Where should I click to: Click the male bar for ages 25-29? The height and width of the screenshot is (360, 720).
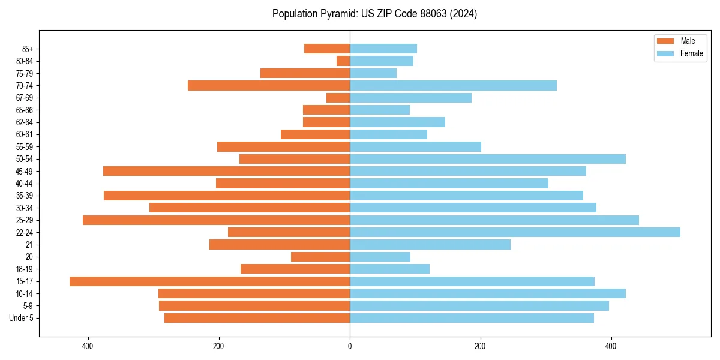tap(216, 220)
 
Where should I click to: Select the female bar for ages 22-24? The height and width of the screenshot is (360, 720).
tap(515, 232)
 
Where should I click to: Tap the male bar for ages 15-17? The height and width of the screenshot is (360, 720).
tap(209, 281)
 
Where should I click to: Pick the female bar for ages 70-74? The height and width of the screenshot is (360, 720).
tap(453, 86)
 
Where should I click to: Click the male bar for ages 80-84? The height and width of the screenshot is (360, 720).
tap(343, 61)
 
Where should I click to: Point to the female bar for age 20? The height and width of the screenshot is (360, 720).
tap(380, 257)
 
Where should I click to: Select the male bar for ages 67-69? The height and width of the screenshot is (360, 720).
tap(338, 98)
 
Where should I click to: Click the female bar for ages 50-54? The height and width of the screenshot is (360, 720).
tap(487, 159)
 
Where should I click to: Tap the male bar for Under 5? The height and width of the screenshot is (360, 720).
tap(257, 318)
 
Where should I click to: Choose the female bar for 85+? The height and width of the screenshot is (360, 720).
tap(383, 49)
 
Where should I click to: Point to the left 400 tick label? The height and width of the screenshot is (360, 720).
tap(88, 347)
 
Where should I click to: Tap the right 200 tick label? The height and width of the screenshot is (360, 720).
tap(480, 347)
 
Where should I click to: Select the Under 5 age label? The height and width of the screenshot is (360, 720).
tap(22, 318)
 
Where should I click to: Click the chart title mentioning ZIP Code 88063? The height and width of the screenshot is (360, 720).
tap(374, 14)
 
